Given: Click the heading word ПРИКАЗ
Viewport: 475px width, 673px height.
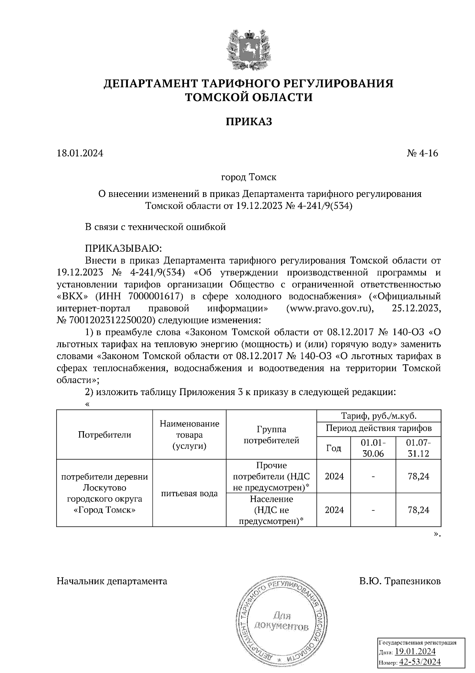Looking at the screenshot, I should pyautogui.click(x=249, y=121).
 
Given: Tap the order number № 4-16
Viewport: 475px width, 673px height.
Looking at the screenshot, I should pyautogui.click(x=422, y=153).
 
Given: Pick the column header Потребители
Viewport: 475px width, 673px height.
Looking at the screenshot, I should pyautogui.click(x=104, y=434).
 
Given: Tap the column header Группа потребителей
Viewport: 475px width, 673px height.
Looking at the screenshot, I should pyautogui.click(x=271, y=434).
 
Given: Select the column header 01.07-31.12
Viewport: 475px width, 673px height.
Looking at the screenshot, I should pyautogui.click(x=418, y=448).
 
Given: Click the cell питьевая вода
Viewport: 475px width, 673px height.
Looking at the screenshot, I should pyautogui.click(x=189, y=493).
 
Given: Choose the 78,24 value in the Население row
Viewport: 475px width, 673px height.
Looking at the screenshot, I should pyautogui.click(x=418, y=510).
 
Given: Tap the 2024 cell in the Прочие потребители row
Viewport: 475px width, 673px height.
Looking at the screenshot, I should pyautogui.click(x=334, y=476).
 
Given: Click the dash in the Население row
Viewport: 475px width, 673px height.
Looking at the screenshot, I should pyautogui.click(x=373, y=510).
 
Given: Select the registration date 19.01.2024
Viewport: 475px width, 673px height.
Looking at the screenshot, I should pyautogui.click(x=415, y=652).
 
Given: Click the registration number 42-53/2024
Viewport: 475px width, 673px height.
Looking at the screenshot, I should pyautogui.click(x=420, y=662).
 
